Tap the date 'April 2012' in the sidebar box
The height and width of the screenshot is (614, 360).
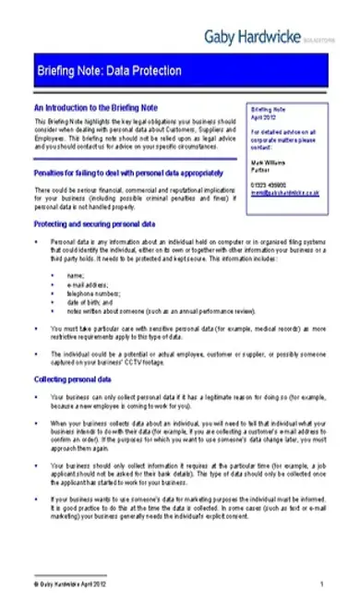(x=263, y=115)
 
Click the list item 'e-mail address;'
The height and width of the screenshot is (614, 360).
(x=88, y=285)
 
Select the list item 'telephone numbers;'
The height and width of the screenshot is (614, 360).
(x=92, y=294)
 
